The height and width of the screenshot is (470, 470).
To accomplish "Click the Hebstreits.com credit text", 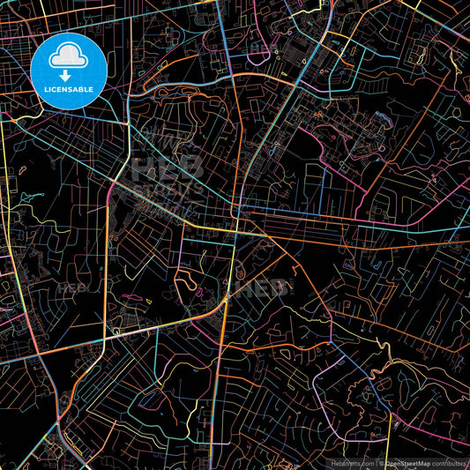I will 353,462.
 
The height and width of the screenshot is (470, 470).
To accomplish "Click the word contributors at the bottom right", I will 451,462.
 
